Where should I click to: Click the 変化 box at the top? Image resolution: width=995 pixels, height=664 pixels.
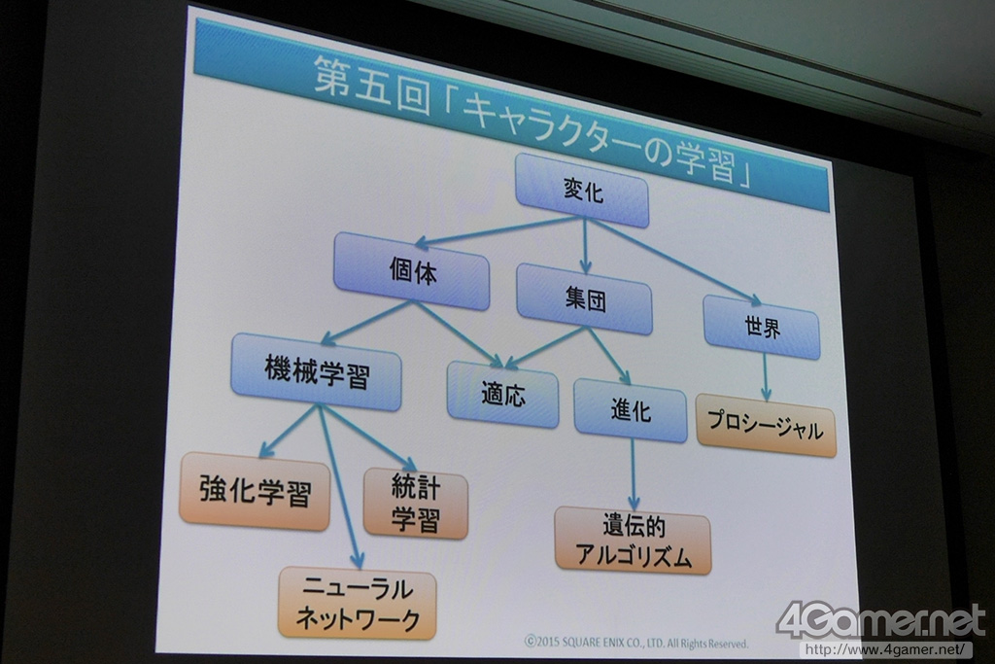tap(582, 191)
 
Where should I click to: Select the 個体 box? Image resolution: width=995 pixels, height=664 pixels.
tap(411, 271)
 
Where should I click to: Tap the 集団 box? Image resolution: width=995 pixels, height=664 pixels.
tap(584, 298)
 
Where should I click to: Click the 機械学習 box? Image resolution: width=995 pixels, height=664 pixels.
tap(317, 371)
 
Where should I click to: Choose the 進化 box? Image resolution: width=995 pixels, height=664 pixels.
tap(630, 410)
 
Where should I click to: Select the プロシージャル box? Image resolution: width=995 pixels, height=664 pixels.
tap(766, 426)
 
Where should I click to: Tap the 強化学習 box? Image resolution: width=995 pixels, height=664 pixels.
tap(255, 491)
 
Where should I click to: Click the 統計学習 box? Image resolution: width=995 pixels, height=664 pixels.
tap(416, 503)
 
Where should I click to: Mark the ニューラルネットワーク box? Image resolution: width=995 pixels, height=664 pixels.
tap(357, 603)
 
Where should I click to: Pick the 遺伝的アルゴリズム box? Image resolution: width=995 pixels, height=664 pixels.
tap(633, 540)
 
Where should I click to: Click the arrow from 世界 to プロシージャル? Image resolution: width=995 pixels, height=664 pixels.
tap(765, 377)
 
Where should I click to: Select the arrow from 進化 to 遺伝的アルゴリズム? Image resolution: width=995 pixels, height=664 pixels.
tap(633, 473)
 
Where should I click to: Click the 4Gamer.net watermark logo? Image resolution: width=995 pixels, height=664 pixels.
tap(880, 620)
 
